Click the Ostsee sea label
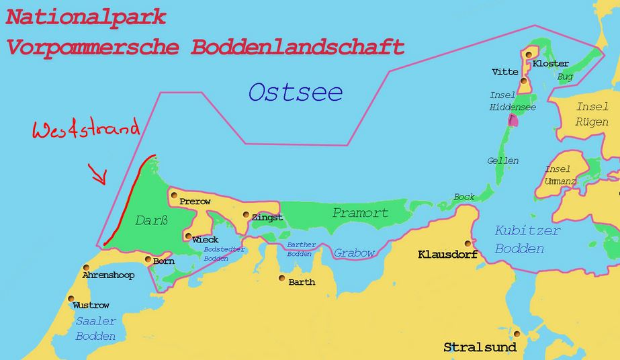pyautogui.click(x=296, y=92)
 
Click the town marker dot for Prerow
pyautogui.click(x=173, y=195)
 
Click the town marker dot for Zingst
pyautogui.click(x=246, y=216)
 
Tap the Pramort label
pyautogui.click(x=360, y=213)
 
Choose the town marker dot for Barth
pyautogui.click(x=281, y=277)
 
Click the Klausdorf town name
pyautogui.click(x=447, y=255)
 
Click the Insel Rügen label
pyautogui.click(x=592, y=114)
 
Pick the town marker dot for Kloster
pyautogui.click(x=529, y=54)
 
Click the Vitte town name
pyautogui.click(x=504, y=72)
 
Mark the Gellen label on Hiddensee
pyautogui.click(x=503, y=161)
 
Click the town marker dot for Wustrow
pyautogui.click(x=71, y=300)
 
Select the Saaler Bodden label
pyautogui.click(x=95, y=328)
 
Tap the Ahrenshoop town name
pyautogui.click(x=107, y=275)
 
